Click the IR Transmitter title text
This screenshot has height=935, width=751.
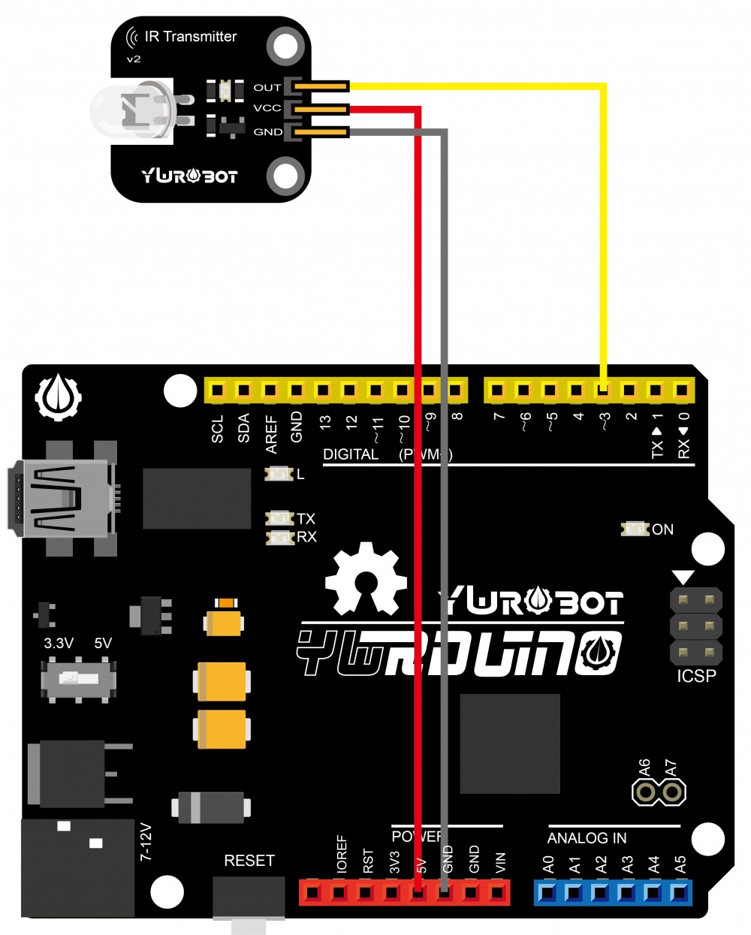[190, 36]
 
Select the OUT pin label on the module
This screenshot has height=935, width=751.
[267, 87]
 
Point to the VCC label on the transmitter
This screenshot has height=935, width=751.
[267, 108]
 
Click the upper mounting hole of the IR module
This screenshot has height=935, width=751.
[285, 44]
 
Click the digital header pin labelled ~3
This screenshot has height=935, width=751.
[603, 390]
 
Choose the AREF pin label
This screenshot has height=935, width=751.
[271, 435]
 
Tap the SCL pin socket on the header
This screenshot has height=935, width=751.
[217, 390]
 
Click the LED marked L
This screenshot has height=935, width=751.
[279, 474]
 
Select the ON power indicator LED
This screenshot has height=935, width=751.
[635, 529]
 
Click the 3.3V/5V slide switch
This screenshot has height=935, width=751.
[78, 679]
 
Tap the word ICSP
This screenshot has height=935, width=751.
[696, 676]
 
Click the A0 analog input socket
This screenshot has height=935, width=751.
[547, 892]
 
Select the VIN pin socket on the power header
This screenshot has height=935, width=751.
[498, 892]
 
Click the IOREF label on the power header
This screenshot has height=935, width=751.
[342, 854]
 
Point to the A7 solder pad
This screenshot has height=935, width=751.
[672, 792]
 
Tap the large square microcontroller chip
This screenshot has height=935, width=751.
[510, 743]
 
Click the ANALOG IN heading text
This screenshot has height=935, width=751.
[587, 838]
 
